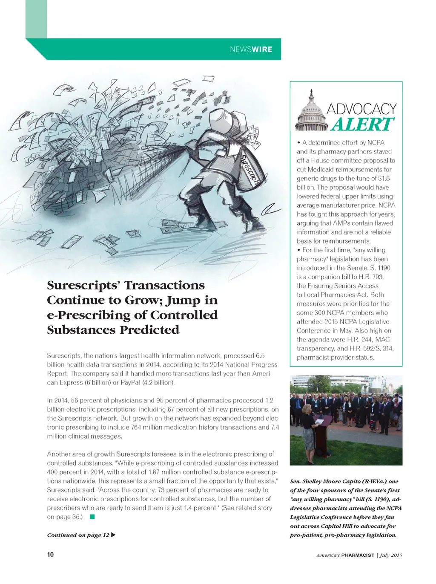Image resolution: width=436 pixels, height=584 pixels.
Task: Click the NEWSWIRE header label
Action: pyautogui.click(x=251, y=49)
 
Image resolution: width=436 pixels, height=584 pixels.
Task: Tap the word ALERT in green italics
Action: pyautogui.click(x=363, y=124)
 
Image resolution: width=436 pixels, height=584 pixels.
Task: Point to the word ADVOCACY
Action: pyautogui.click(x=361, y=109)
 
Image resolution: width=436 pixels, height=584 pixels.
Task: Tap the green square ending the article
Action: pyautogui.click(x=92, y=517)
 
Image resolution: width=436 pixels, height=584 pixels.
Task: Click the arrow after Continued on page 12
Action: pyautogui.click(x=113, y=535)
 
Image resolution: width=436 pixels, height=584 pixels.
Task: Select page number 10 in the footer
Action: pyautogui.click(x=50, y=555)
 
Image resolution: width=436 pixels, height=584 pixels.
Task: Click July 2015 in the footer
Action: pyautogui.click(x=391, y=555)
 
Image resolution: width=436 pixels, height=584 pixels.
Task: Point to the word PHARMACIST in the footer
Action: pyautogui.click(x=358, y=555)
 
